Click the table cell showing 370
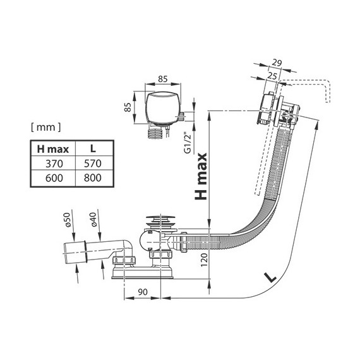[54, 164]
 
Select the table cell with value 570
[93, 164]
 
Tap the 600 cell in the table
[54, 178]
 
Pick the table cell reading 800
[93, 178]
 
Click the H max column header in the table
[53, 149]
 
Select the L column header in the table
[93, 149]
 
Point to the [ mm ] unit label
[46, 127]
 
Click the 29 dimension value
[277, 63]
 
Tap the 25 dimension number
[272, 76]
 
